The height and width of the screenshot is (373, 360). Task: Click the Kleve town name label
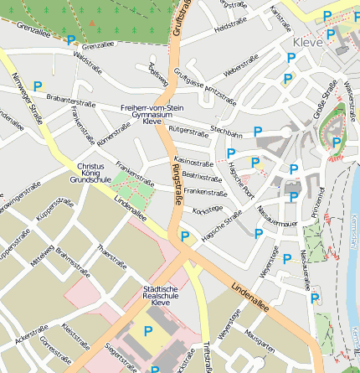click(307, 42)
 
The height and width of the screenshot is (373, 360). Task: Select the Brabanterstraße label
click(70, 101)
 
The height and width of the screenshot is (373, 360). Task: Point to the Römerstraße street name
click(113, 132)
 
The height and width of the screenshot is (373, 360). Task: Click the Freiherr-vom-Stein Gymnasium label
click(152, 114)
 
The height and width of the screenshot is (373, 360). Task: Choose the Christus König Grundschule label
click(90, 173)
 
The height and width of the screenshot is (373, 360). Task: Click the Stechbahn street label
click(226, 132)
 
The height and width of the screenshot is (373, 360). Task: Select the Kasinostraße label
click(193, 162)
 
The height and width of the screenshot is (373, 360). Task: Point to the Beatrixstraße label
click(201, 177)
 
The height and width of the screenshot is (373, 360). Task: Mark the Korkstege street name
click(208, 209)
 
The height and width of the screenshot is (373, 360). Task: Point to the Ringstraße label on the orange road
click(177, 185)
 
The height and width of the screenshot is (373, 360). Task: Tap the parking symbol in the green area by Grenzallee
click(71, 39)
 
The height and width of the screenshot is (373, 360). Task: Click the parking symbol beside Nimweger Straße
click(37, 85)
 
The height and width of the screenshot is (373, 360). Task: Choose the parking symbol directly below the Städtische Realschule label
click(148, 332)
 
